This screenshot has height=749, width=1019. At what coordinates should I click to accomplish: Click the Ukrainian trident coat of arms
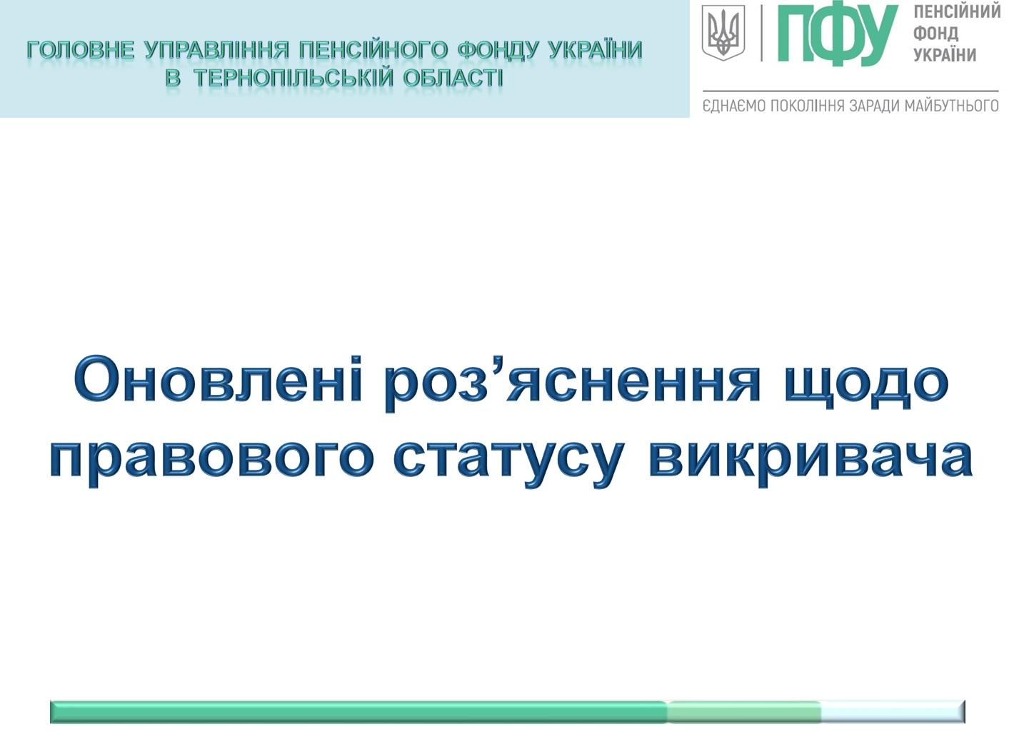click(x=723, y=33)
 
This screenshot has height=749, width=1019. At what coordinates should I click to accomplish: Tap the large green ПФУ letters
click(x=838, y=34)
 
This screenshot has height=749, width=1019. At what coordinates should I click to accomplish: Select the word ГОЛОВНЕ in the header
click(x=81, y=50)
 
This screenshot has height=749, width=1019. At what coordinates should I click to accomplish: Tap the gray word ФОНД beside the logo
click(x=935, y=33)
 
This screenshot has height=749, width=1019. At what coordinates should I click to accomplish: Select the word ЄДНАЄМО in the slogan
click(x=733, y=106)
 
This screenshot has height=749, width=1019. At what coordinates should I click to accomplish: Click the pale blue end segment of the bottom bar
click(x=893, y=712)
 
